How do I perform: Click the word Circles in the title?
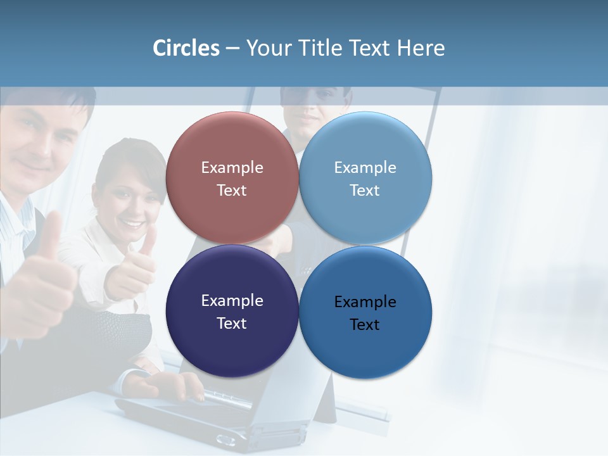coord(186,48)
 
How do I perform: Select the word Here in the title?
coord(421,48)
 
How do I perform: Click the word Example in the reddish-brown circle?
coord(232,168)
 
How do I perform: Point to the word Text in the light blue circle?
coord(365,191)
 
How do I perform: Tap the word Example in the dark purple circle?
coord(232,301)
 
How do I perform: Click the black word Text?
coord(365,325)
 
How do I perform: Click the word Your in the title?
coord(267,48)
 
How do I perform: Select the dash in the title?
coord(232,49)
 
